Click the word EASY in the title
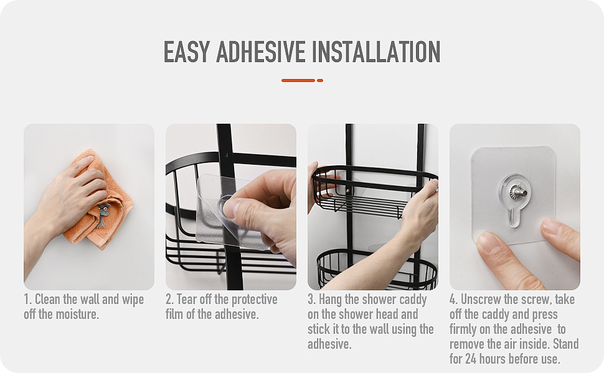[x=186, y=52]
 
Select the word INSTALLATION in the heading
[x=376, y=52]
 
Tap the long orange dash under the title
[x=298, y=80]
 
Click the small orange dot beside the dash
[x=319, y=80]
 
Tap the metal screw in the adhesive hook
[x=516, y=191]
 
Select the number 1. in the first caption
[x=28, y=299]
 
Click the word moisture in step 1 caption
[x=77, y=314]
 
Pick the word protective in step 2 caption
[x=255, y=300]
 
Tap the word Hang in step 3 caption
[x=329, y=300]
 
